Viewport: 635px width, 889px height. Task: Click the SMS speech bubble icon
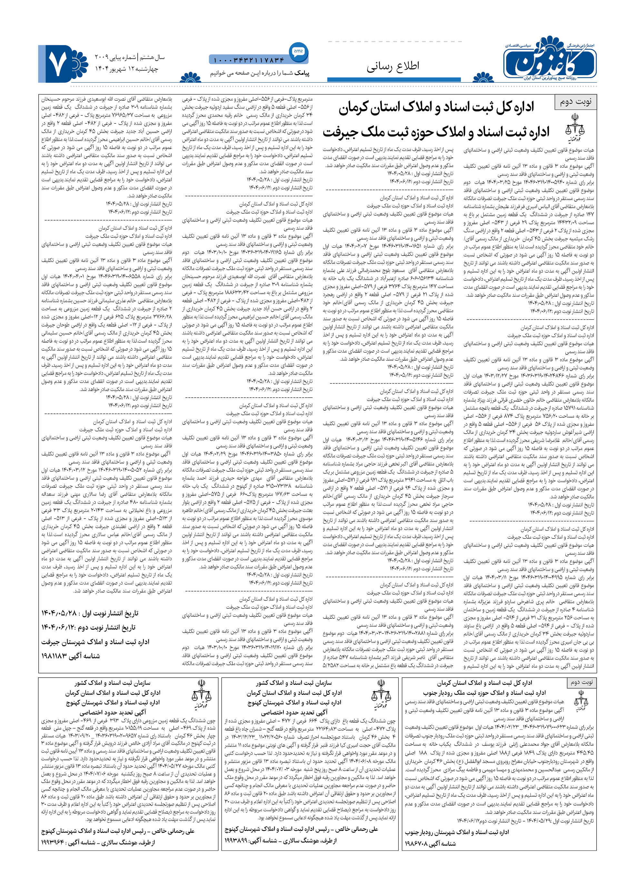pos(298,51)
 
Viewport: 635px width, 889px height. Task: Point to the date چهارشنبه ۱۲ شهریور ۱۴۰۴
pos(127,69)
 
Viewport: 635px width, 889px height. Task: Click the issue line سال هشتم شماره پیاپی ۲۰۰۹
pos(129,57)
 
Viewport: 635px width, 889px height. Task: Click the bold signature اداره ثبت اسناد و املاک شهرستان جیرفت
pos(95,642)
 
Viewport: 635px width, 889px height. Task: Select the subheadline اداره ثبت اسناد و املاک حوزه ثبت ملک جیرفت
pos(436,133)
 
